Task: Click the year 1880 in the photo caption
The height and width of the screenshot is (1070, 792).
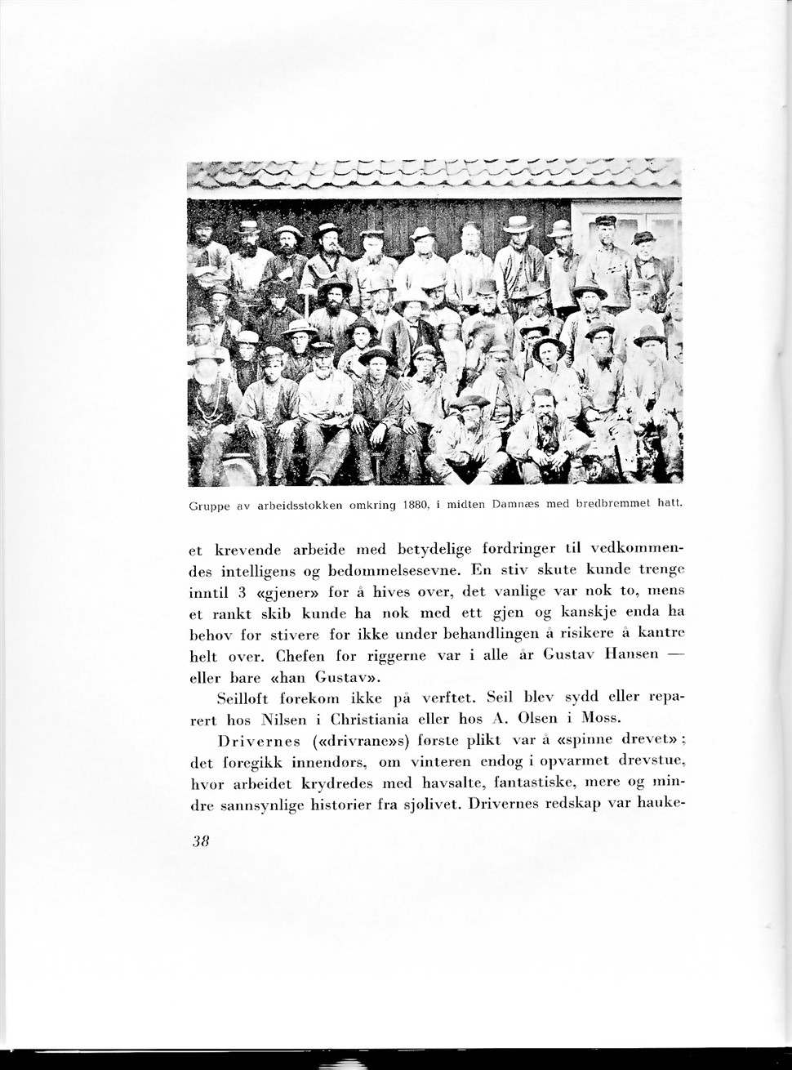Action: pyautogui.click(x=416, y=506)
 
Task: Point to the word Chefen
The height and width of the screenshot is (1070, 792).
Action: pyautogui.click(x=304, y=655)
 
